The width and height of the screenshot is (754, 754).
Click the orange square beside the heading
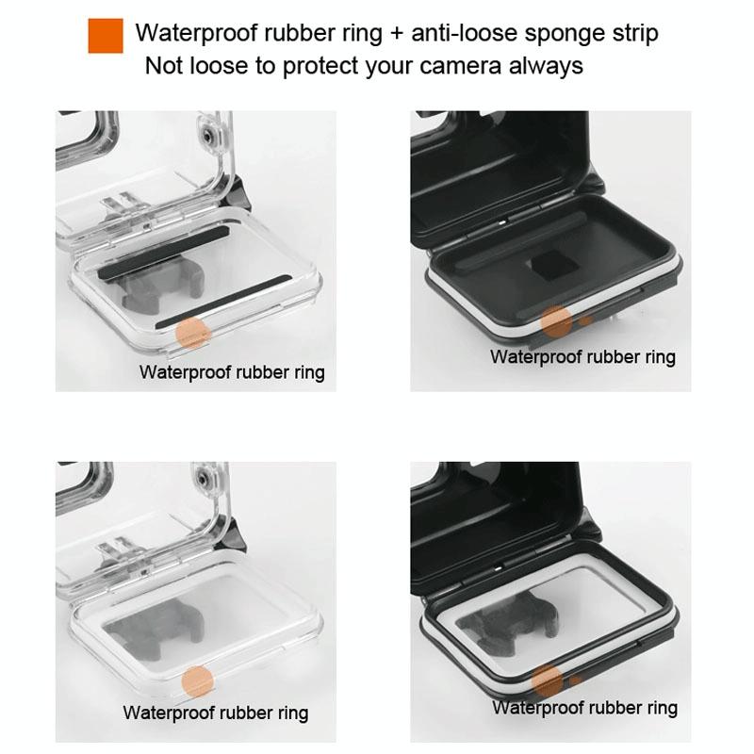click(106, 36)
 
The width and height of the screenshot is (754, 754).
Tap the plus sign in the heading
click(396, 34)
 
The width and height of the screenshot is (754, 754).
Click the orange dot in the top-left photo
click(193, 334)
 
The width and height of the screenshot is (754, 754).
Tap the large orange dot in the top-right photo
click(556, 321)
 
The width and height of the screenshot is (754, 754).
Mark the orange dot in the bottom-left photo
click(197, 681)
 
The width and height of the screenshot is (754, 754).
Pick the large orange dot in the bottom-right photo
click(548, 681)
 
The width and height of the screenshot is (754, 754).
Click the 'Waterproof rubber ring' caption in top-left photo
click(232, 372)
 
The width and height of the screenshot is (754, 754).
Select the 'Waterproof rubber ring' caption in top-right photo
click(582, 357)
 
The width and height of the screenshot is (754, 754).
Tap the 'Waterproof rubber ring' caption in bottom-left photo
click(216, 713)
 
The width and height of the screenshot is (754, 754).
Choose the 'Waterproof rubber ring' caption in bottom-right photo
click(584, 708)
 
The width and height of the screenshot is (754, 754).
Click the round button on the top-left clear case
click(207, 137)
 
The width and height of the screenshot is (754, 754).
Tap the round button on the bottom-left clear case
click(204, 480)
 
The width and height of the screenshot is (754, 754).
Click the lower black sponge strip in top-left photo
click(223, 302)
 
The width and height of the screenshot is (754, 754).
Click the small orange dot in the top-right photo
click(585, 320)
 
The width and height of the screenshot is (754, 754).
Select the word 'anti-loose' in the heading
click(464, 33)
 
